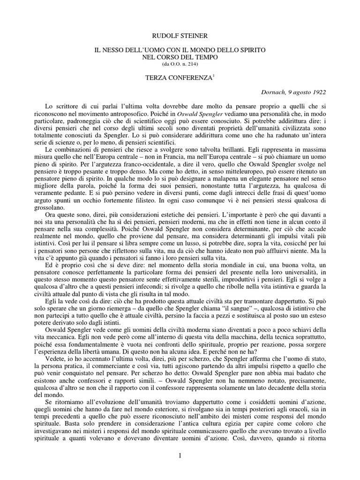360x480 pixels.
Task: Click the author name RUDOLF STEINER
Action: (180, 35)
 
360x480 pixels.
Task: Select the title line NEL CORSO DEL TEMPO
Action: (180, 56)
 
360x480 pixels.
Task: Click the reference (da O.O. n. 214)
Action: (180, 63)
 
